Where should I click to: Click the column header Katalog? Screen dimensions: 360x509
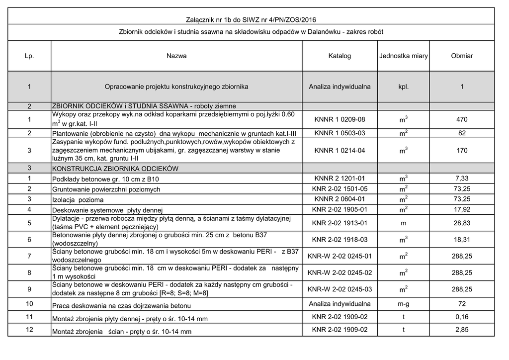point(339,56)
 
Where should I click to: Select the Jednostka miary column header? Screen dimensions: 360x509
point(403,56)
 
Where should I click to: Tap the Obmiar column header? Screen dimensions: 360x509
point(462,56)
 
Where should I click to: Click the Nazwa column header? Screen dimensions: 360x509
point(176,56)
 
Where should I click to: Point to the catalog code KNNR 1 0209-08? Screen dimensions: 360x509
point(339,120)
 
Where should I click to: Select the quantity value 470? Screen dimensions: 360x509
point(462,120)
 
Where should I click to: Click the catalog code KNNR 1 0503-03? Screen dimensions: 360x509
point(339,133)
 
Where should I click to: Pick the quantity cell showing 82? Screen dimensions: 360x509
point(462,133)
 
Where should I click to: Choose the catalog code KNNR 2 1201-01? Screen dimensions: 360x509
point(339,178)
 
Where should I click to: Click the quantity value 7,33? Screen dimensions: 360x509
point(462,178)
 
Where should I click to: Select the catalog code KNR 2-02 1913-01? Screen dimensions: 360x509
point(339,224)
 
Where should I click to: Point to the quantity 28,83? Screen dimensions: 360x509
point(462,224)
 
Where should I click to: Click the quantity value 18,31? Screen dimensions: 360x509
point(462,240)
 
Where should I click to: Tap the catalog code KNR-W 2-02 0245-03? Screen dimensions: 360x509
point(339,289)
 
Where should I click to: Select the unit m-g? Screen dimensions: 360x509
point(403,304)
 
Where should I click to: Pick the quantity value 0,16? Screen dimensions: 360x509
point(462,317)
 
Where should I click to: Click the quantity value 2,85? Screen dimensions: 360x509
point(462,330)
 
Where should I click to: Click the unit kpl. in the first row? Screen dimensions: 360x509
point(403,87)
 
